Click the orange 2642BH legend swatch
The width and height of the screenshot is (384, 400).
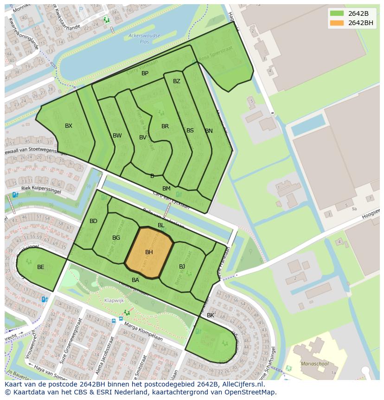[x=337, y=23]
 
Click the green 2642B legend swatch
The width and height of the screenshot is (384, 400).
[x=337, y=13]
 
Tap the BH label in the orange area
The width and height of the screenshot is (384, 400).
[x=149, y=252]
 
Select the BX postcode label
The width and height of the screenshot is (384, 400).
[x=69, y=126]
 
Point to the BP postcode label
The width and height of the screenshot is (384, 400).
[x=145, y=73]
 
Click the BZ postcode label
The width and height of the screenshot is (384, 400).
[x=177, y=81]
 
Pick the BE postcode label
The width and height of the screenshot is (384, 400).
[x=41, y=267]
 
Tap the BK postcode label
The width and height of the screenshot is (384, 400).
[x=211, y=315]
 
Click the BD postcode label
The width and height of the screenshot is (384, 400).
[x=93, y=221]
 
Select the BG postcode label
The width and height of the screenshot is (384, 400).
[x=116, y=238]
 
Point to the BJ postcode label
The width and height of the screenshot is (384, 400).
[x=182, y=267]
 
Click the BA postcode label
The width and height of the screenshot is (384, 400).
[x=135, y=280]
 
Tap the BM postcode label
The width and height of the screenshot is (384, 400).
[x=166, y=189]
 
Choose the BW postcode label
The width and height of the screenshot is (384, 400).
[x=117, y=136]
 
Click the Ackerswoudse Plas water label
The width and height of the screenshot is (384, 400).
[x=144, y=38]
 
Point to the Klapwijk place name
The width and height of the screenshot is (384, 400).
[x=114, y=301]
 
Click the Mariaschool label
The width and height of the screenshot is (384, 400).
[x=312, y=364]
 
